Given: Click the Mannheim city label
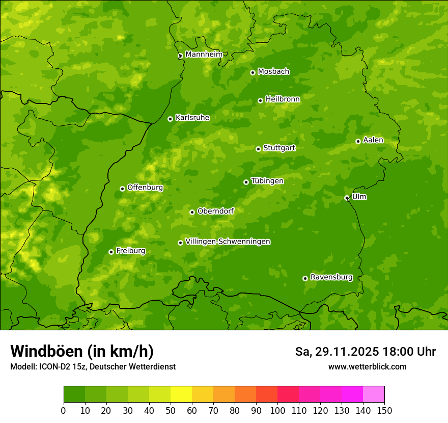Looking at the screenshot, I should (x=204, y=55).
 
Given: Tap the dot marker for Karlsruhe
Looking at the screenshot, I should (x=170, y=119).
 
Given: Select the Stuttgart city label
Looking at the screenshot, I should (x=279, y=148).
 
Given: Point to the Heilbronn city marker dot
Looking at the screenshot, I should (x=260, y=100).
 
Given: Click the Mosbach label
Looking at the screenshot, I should (x=273, y=72).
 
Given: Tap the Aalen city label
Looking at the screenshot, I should (x=373, y=140).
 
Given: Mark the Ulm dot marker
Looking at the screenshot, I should (x=347, y=198).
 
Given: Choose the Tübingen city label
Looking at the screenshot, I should (x=267, y=181).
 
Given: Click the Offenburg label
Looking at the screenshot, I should (x=145, y=188).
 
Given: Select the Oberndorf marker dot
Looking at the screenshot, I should (x=192, y=212).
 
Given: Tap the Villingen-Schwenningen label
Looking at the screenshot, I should (x=228, y=242).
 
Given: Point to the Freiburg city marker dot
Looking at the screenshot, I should (x=111, y=252).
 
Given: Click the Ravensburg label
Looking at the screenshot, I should (x=331, y=277).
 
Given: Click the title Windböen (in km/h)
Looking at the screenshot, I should (x=81, y=351).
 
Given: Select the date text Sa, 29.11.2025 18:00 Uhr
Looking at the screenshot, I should (x=365, y=352).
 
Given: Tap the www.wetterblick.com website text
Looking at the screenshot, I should (x=367, y=366).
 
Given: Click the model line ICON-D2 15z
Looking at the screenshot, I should (x=93, y=367).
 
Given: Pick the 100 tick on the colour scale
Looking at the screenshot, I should (x=277, y=410).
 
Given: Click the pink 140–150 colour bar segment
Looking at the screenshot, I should (x=374, y=394).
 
